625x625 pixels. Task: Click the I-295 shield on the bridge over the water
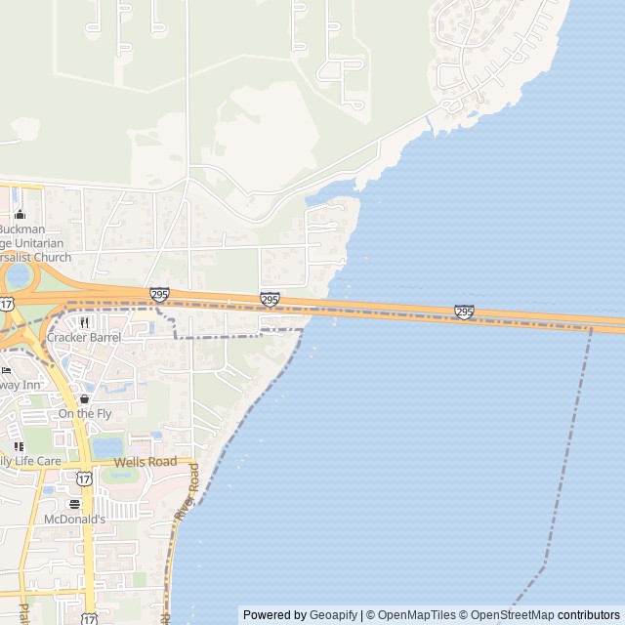pos(464,312)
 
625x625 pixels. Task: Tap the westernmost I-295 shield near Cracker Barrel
pos(159,294)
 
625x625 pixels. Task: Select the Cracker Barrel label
pos(84,338)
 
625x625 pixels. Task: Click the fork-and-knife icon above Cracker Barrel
pos(84,322)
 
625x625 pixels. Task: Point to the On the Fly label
pos(84,414)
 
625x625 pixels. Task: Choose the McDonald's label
pos(74,520)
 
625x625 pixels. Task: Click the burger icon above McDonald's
pos(74,504)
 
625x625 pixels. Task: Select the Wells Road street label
pos(146,462)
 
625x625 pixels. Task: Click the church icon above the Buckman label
pos(19,215)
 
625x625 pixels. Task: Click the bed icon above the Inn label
pos(5,370)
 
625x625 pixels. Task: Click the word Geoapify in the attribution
pos(333,615)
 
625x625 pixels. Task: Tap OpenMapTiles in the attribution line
pos(418,615)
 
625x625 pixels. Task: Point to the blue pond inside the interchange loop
pos(18,276)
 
